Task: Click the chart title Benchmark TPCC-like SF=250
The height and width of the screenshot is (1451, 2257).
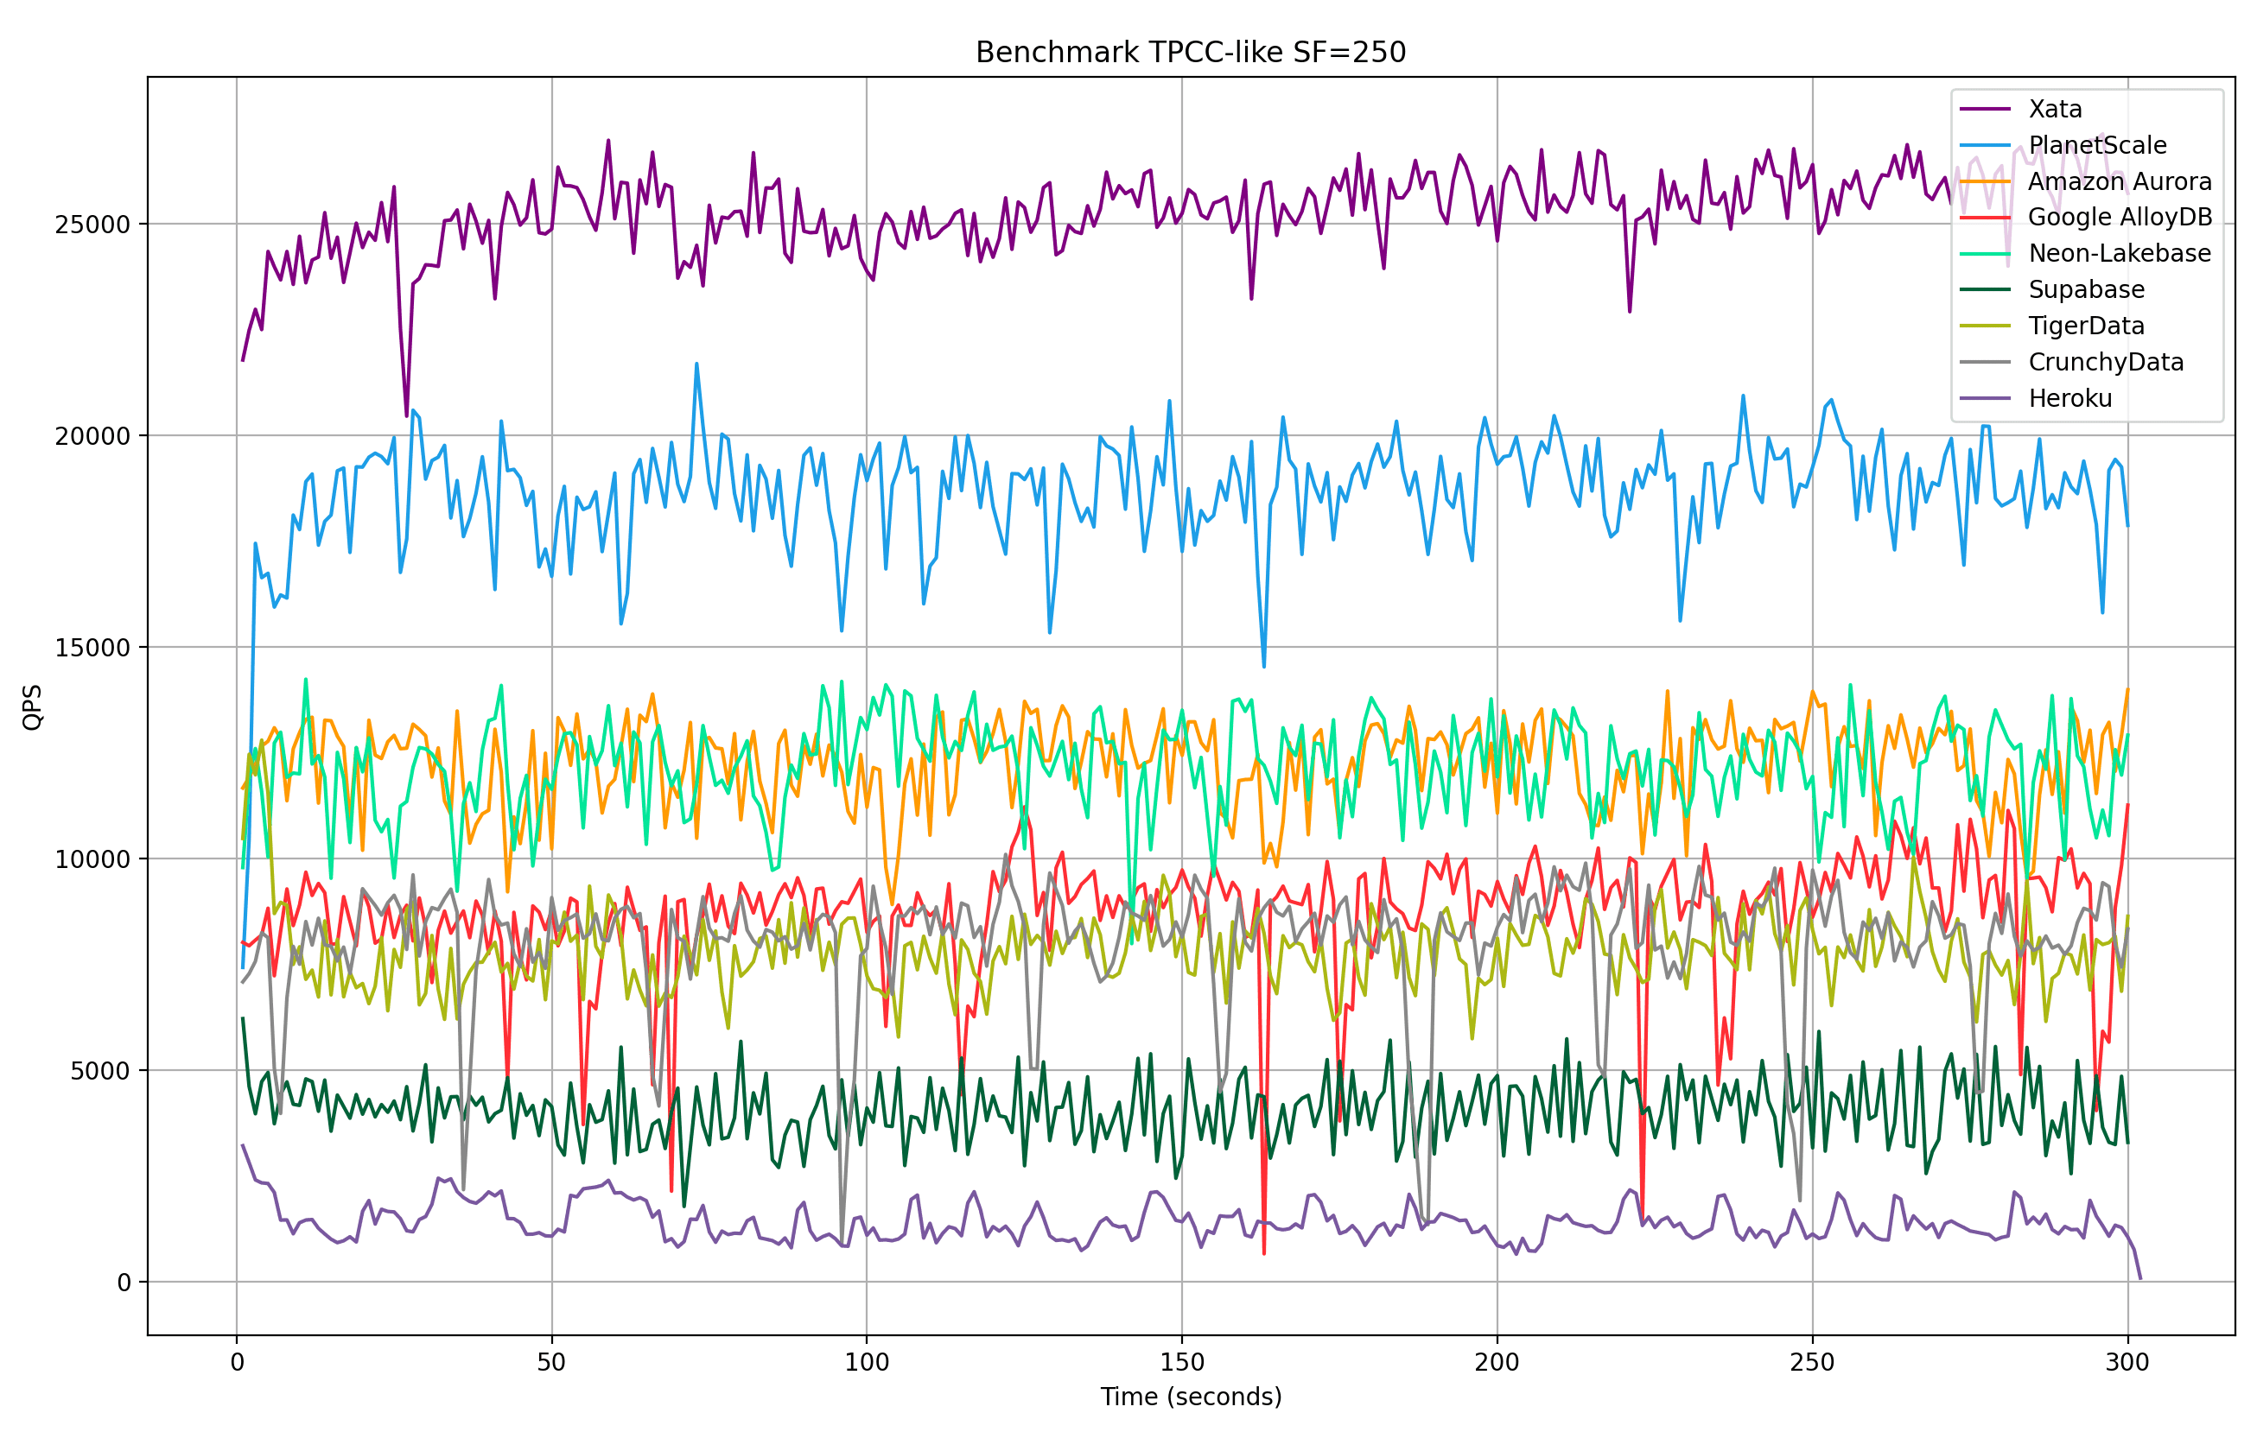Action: pyautogui.click(x=1190, y=52)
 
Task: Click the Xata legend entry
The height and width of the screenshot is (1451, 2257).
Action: pyautogui.click(x=2055, y=110)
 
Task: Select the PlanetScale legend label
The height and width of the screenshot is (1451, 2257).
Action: pyautogui.click(x=2097, y=145)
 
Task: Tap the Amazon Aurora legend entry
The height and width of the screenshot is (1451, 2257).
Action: pyautogui.click(x=2119, y=182)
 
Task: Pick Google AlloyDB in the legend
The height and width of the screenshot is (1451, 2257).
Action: pyautogui.click(x=2120, y=218)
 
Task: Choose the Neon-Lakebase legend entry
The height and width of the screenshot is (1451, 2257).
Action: pyautogui.click(x=2119, y=253)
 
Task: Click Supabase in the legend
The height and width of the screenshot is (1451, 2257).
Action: pyautogui.click(x=2086, y=290)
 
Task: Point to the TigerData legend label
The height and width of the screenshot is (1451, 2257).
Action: pyautogui.click(x=2086, y=326)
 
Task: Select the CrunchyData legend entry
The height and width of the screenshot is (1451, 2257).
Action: pyautogui.click(x=2105, y=363)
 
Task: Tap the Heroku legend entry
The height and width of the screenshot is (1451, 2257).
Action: pyautogui.click(x=2069, y=398)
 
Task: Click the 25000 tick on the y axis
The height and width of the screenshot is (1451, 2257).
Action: pyautogui.click(x=92, y=225)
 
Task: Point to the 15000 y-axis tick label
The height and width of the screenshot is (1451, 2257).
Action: pyautogui.click(x=92, y=647)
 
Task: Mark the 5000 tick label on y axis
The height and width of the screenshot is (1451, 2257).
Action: pyautogui.click(x=100, y=1071)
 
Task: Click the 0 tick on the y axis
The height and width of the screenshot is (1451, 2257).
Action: pyautogui.click(x=124, y=1283)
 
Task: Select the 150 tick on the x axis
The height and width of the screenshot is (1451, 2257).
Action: pyautogui.click(x=1182, y=1362)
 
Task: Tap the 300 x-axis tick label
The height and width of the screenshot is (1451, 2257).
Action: pyautogui.click(x=2127, y=1362)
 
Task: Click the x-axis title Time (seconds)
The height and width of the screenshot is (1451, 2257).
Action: pyautogui.click(x=1190, y=1397)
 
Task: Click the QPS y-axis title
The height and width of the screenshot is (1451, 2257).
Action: pyautogui.click(x=32, y=706)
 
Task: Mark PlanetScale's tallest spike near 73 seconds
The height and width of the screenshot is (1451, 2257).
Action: pyautogui.click(x=696, y=364)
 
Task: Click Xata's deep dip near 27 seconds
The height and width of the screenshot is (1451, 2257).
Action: pyautogui.click(x=406, y=415)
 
